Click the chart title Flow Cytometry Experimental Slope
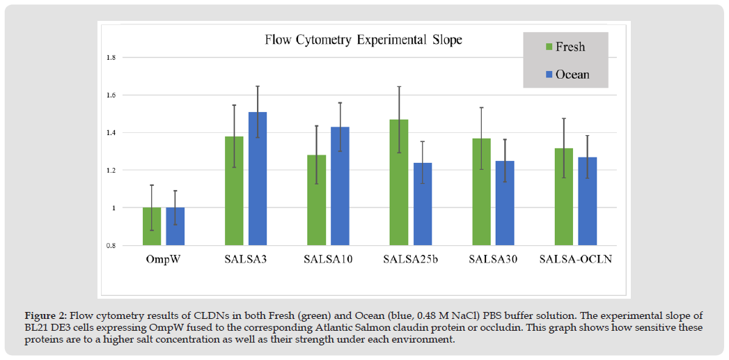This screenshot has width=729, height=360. [x=363, y=40]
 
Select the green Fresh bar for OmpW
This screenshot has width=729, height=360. [x=152, y=226]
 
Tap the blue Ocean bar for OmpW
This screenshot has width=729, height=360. [x=175, y=226]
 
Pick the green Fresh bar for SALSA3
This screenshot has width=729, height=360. [x=234, y=191]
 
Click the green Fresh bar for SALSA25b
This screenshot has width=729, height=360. [x=399, y=182]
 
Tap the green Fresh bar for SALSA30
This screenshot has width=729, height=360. [x=481, y=191]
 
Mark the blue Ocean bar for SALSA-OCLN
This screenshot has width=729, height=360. [x=588, y=201]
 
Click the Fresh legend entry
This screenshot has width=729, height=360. [x=565, y=47]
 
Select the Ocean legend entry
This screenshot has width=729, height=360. [x=565, y=75]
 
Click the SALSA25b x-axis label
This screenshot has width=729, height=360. [x=411, y=260]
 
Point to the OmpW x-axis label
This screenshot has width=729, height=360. [x=164, y=260]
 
